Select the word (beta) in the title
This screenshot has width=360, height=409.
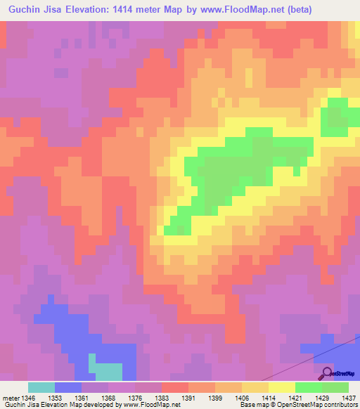pyautogui.click(x=295, y=9)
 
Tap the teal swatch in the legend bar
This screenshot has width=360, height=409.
pyautogui.click(x=41, y=387)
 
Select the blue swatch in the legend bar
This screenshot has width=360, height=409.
pyautogui.click(x=68, y=387)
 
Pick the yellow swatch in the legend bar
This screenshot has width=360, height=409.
pyautogui.click(x=282, y=387)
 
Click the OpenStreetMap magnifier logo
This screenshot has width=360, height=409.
pyautogui.click(x=326, y=372)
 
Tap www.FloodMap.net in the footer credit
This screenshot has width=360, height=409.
pyautogui.click(x=149, y=405)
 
